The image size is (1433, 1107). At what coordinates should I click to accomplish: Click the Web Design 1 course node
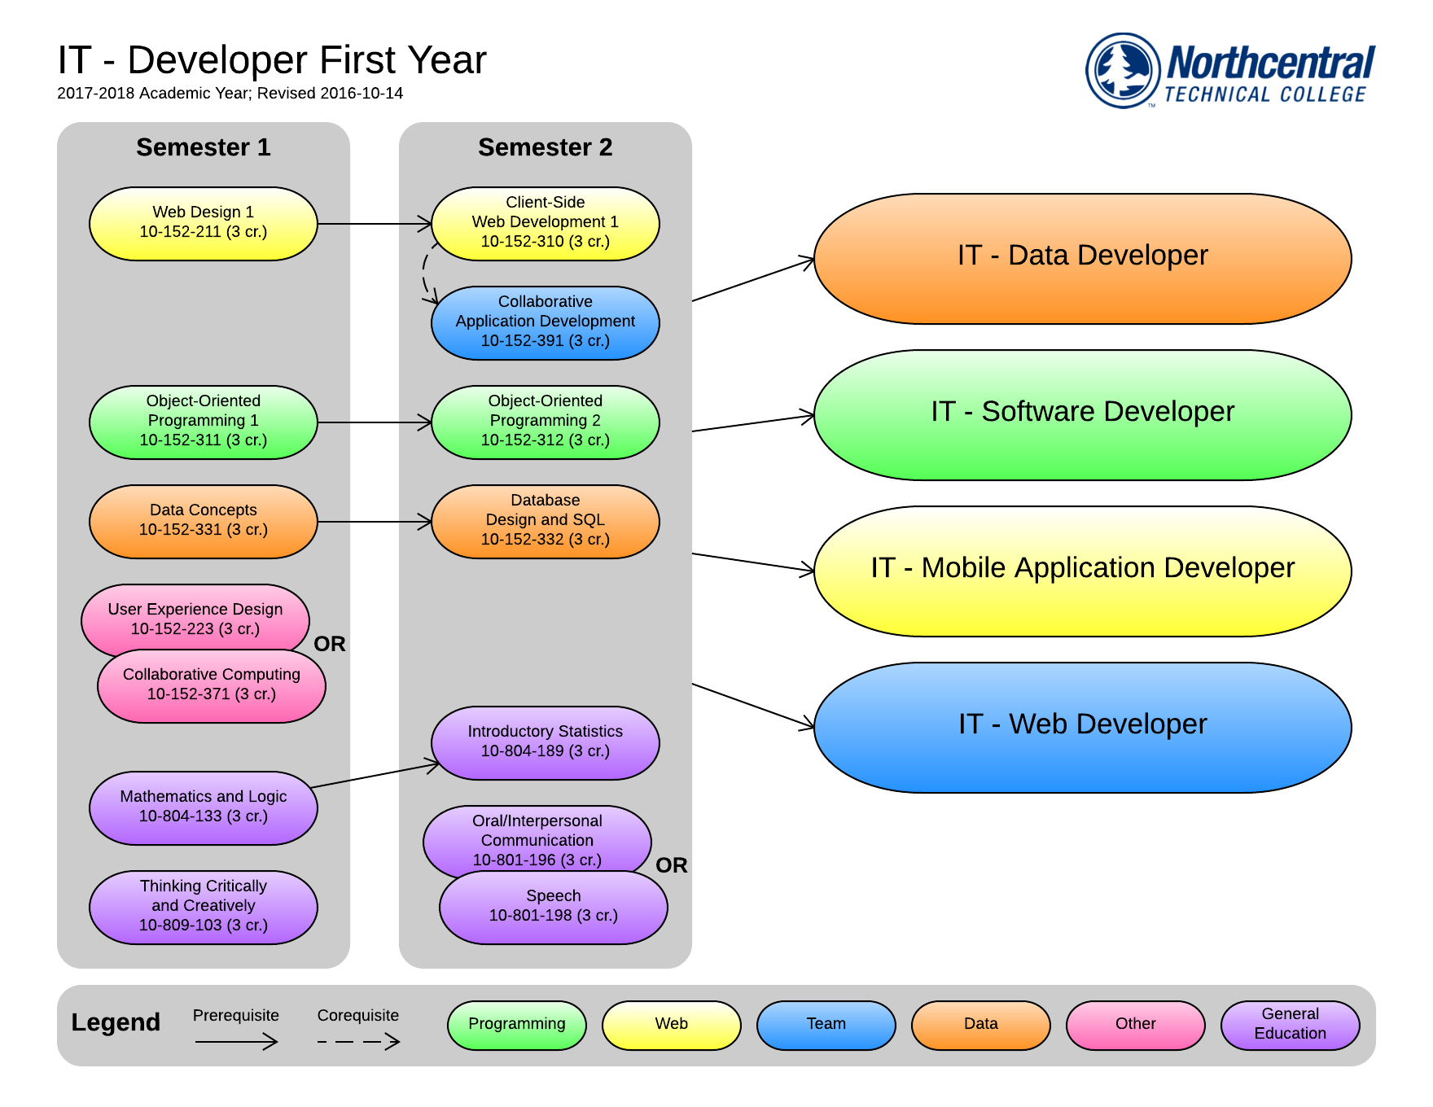tap(204, 224)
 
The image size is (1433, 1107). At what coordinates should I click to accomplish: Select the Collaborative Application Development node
tap(546, 323)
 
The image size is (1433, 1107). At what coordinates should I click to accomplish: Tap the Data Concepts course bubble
tap(204, 522)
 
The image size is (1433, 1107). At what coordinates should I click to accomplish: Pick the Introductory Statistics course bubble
tap(546, 743)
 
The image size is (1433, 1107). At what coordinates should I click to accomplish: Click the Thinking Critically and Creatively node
tap(204, 908)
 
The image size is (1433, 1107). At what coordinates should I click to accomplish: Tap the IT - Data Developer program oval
tap(1083, 259)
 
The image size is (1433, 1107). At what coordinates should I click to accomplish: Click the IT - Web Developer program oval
tap(1083, 728)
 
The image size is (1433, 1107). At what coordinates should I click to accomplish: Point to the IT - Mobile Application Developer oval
tap(1083, 571)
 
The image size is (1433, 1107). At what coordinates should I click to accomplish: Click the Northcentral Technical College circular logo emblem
tap(1123, 70)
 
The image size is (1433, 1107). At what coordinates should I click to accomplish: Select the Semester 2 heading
tap(546, 147)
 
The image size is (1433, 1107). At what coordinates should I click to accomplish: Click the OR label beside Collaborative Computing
tap(330, 644)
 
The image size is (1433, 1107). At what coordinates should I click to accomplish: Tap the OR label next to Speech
tap(672, 865)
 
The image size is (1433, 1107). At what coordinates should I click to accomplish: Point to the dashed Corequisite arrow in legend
tap(359, 1041)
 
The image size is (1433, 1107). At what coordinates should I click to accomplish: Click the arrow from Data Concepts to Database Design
tap(375, 522)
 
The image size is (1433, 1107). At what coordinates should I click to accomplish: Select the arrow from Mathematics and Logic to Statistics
tap(375, 776)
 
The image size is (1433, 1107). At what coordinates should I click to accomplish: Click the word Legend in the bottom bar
tap(116, 1022)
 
